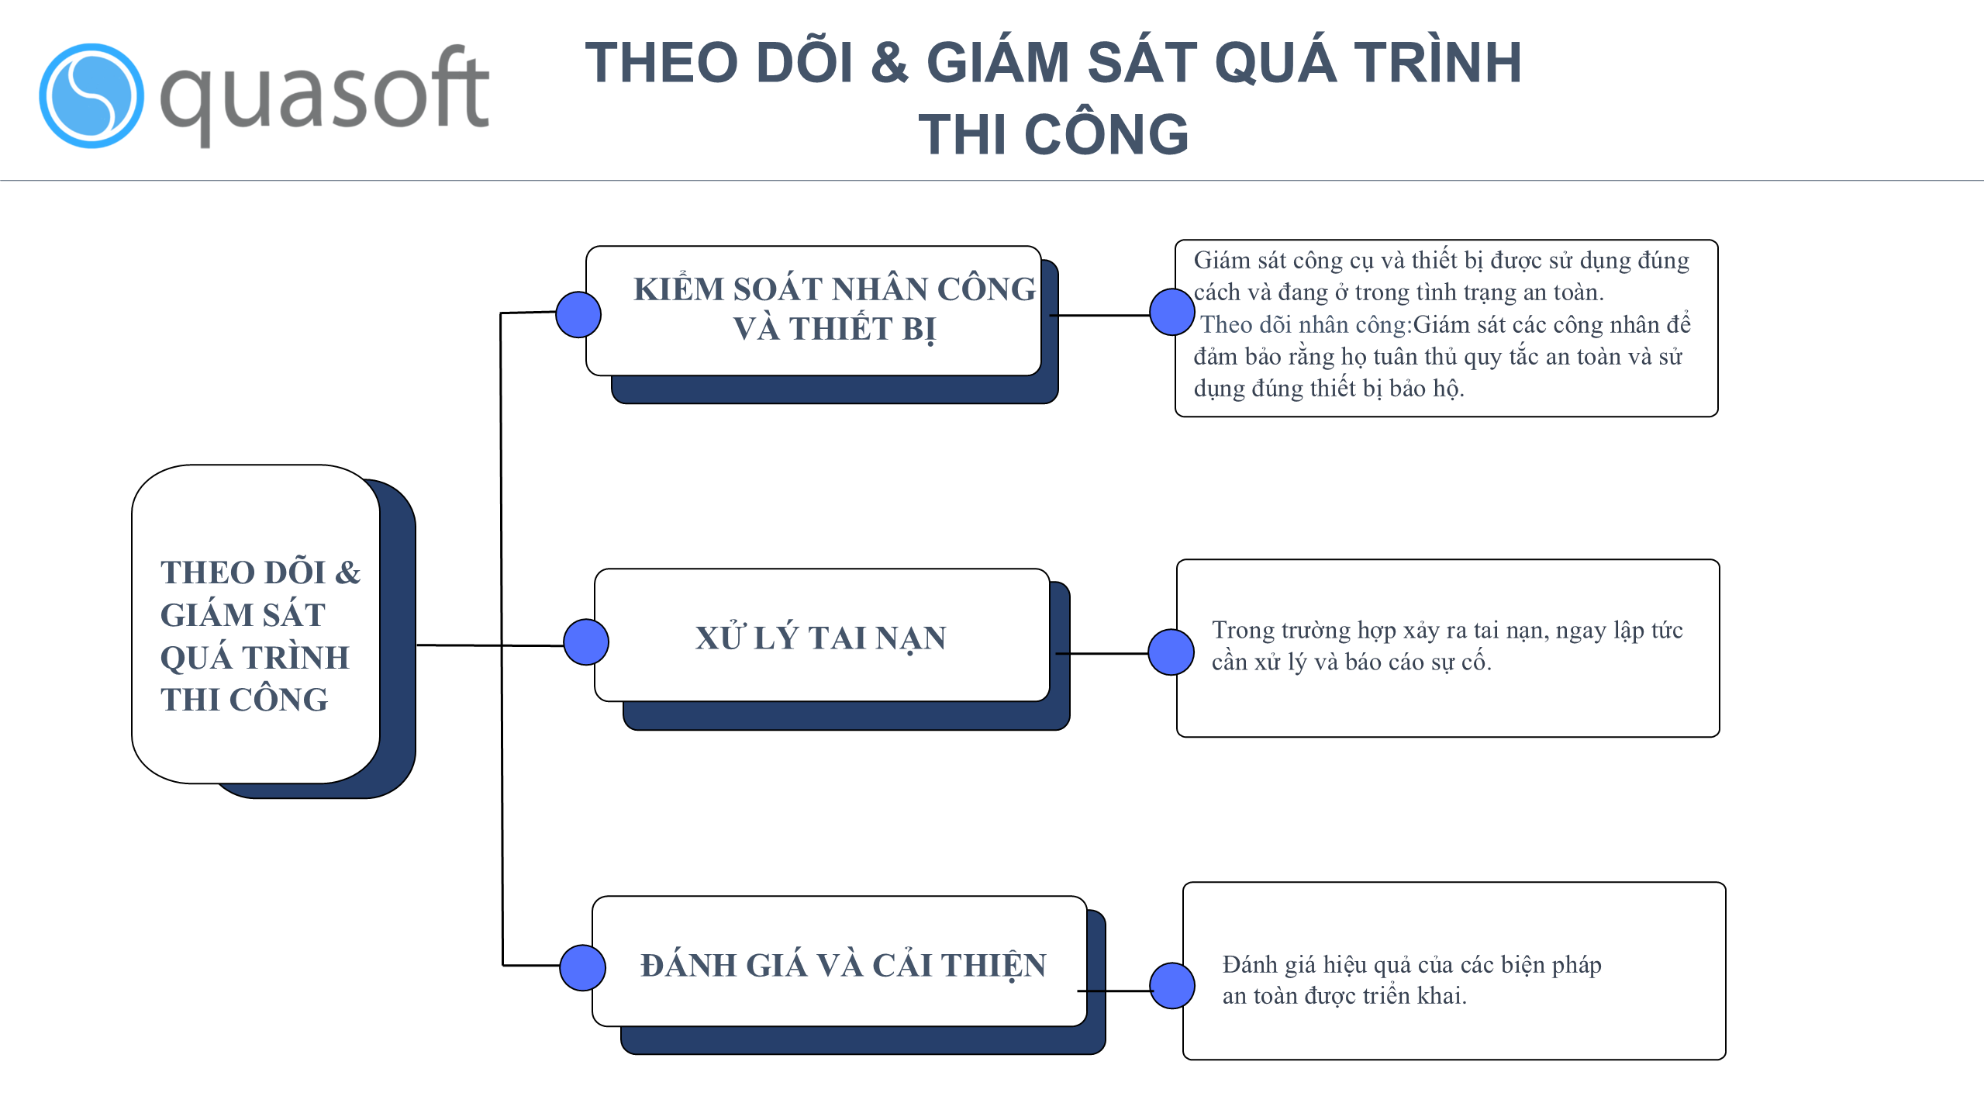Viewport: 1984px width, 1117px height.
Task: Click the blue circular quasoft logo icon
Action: pos(91,95)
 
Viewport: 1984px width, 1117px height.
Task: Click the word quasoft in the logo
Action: pos(324,95)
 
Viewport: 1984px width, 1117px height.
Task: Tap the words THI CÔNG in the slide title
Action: pos(1053,134)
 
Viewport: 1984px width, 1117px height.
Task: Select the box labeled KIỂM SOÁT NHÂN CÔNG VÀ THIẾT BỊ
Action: pos(813,311)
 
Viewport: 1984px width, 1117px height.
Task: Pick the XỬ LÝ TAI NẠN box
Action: pos(822,635)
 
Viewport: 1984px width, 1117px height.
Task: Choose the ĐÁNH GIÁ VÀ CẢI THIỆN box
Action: pos(840,961)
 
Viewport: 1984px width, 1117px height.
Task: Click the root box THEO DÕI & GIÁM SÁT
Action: pos(256,624)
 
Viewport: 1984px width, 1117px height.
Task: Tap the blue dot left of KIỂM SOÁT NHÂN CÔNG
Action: pos(578,314)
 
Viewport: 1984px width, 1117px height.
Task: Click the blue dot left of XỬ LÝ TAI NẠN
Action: pos(586,642)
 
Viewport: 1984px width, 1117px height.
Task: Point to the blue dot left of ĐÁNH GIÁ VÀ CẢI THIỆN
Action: pos(582,967)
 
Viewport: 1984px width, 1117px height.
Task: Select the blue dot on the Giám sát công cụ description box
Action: pos(1172,312)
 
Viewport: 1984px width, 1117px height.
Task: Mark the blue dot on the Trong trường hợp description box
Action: pos(1171,652)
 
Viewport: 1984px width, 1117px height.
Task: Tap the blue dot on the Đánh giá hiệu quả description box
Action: pos(1172,986)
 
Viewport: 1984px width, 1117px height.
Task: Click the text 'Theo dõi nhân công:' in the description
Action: pos(1306,324)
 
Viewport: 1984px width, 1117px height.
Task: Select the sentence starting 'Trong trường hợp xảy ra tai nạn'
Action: pos(1447,645)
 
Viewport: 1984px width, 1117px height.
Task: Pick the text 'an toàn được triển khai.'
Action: pos(1344,996)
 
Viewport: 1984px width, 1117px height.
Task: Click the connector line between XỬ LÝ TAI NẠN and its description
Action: pos(1102,654)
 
